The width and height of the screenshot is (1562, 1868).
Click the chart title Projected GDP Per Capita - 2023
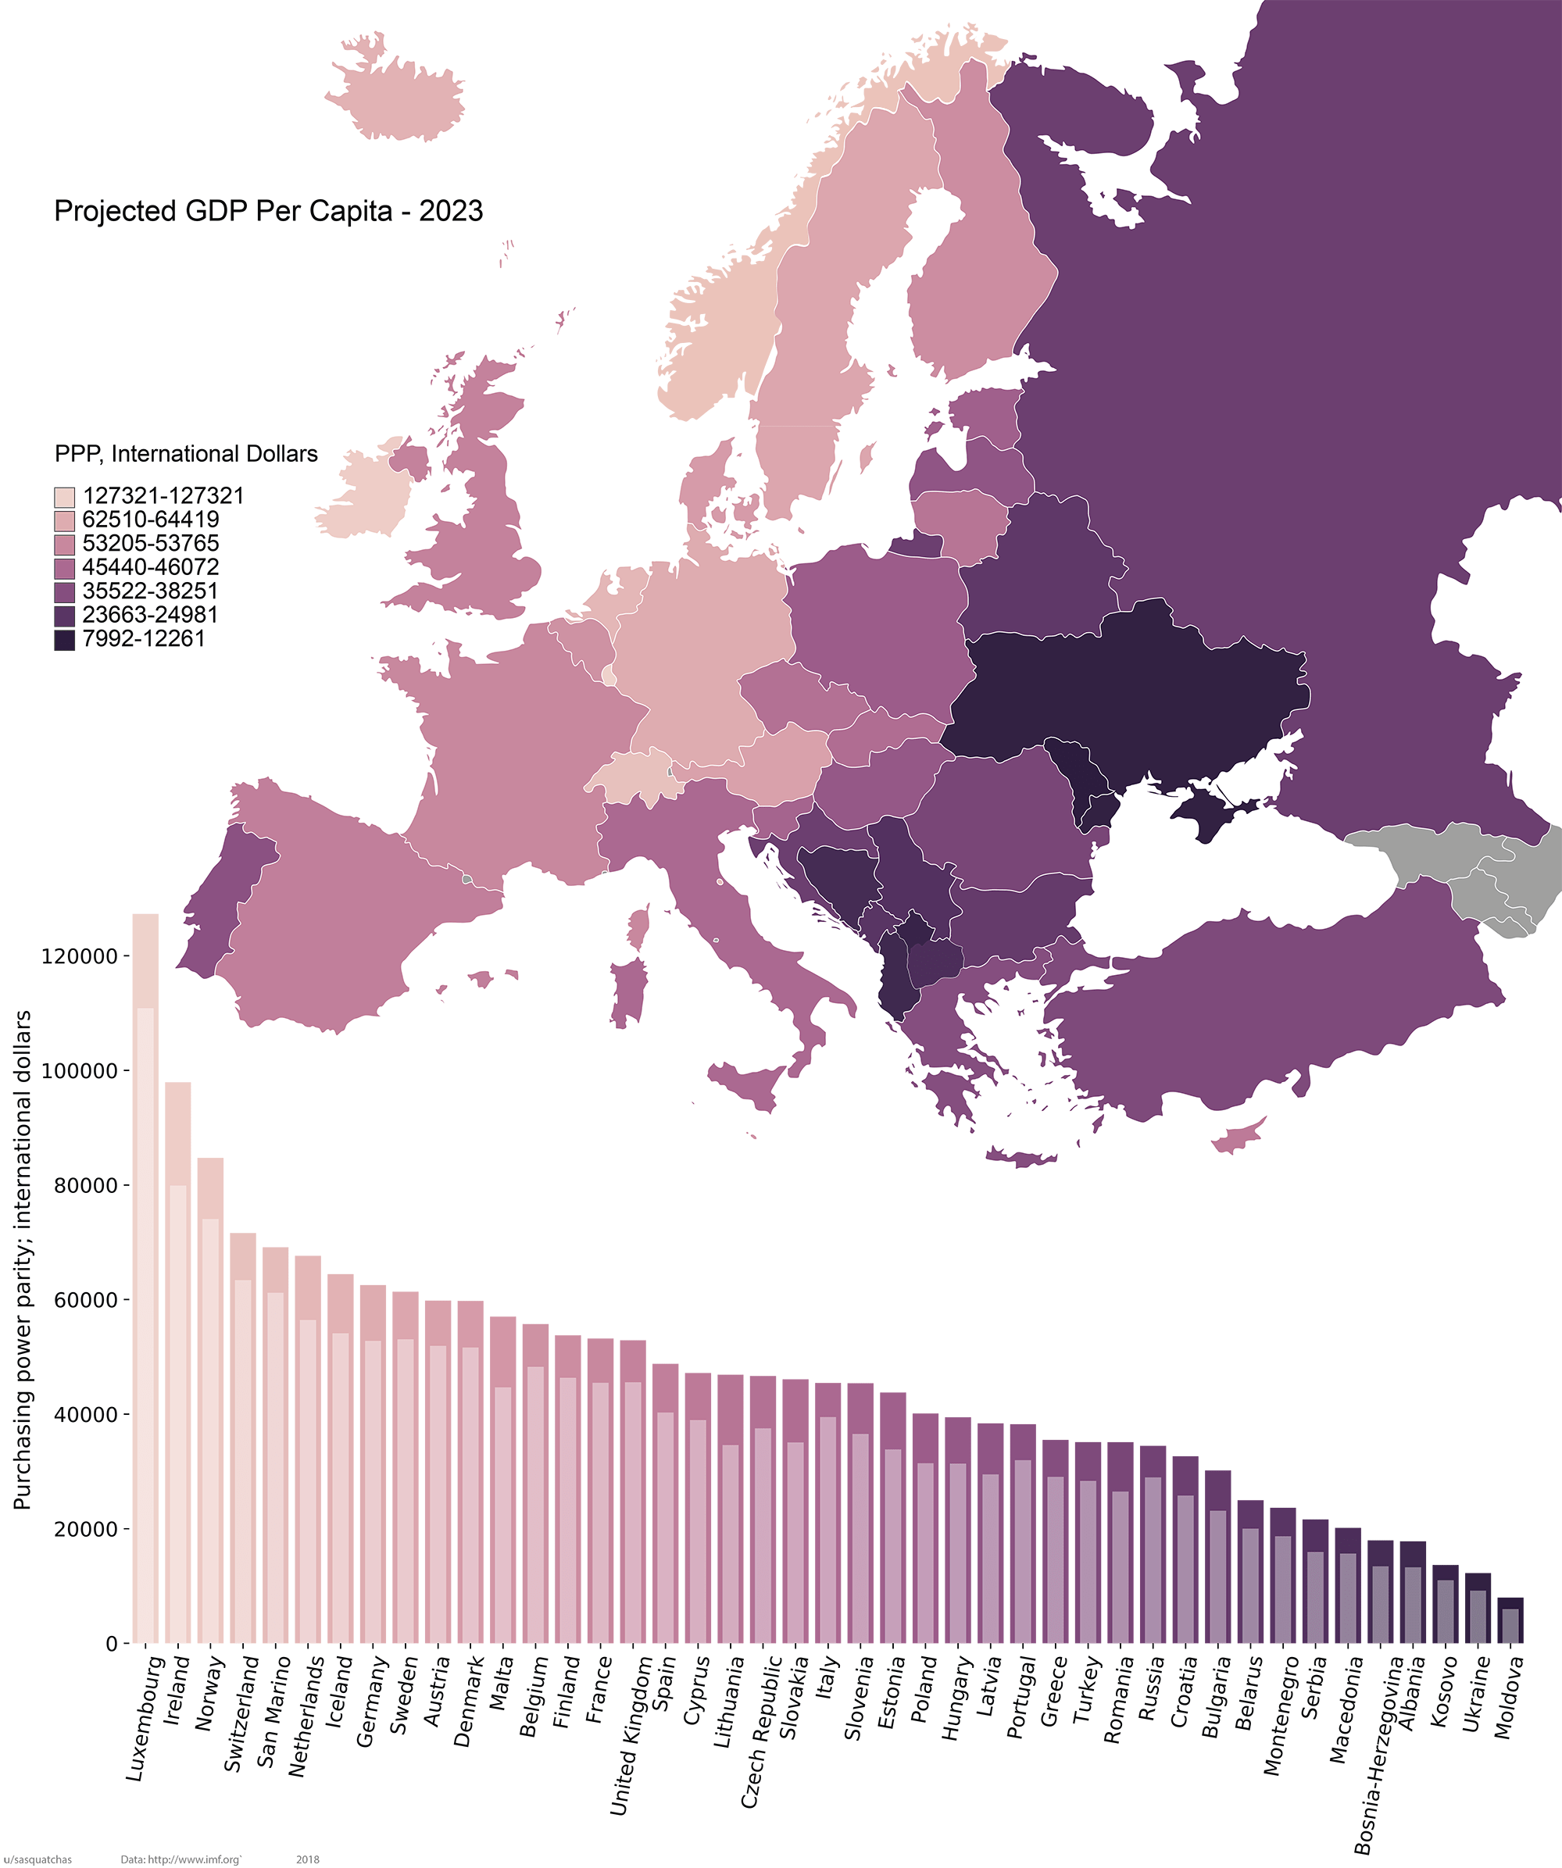(x=268, y=211)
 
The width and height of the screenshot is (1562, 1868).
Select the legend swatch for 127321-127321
(x=64, y=496)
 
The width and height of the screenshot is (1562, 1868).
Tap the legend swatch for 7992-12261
(x=64, y=640)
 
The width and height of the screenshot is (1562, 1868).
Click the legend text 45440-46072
(x=150, y=567)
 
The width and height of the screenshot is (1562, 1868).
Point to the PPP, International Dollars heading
(x=186, y=454)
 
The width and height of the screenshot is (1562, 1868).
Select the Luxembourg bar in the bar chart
(x=145, y=1281)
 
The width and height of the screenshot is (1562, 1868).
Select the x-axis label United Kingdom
(x=631, y=1734)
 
